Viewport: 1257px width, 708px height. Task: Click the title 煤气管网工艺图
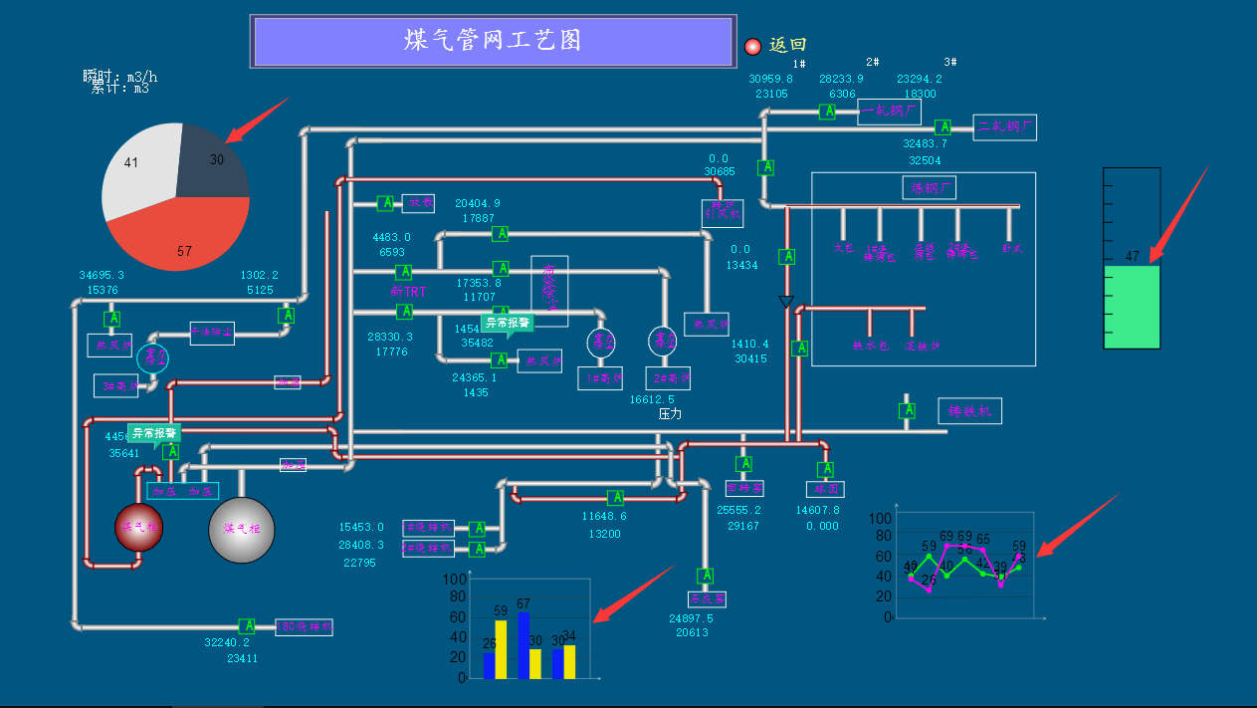(493, 41)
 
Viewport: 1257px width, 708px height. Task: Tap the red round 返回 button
(752, 46)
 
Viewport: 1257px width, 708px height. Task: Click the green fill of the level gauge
(1132, 307)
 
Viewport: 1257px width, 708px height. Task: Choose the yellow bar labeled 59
(501, 649)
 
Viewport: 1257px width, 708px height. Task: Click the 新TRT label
(408, 292)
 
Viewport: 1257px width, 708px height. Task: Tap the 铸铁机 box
(969, 411)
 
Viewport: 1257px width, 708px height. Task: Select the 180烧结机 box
(304, 627)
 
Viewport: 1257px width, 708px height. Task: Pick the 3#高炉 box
(115, 386)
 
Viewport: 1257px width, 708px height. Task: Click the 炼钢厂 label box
(930, 187)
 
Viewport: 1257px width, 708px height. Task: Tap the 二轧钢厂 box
(1004, 127)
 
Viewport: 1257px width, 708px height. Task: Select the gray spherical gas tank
(241, 530)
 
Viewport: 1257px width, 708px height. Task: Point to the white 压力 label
(670, 414)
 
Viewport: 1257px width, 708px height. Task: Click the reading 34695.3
(102, 275)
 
